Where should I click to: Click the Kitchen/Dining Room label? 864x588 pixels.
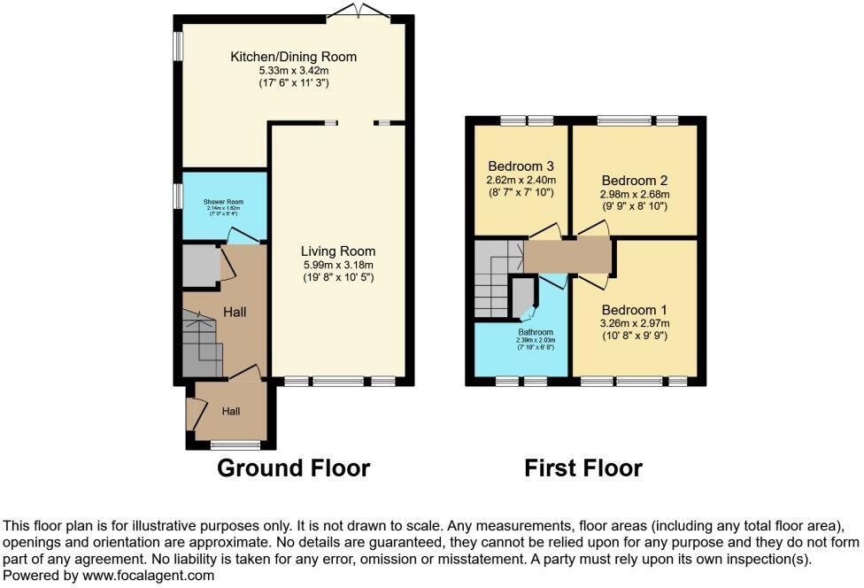point(293,57)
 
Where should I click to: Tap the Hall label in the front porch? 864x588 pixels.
point(231,411)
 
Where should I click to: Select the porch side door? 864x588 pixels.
point(193,413)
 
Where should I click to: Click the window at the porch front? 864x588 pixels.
point(236,444)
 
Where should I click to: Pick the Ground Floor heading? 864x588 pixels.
point(293,468)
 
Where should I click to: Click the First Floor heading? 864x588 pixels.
point(582,468)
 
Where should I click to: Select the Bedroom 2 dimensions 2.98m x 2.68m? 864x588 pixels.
point(634,194)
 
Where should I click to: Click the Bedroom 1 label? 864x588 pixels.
point(634,310)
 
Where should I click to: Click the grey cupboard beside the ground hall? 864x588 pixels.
point(200,265)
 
